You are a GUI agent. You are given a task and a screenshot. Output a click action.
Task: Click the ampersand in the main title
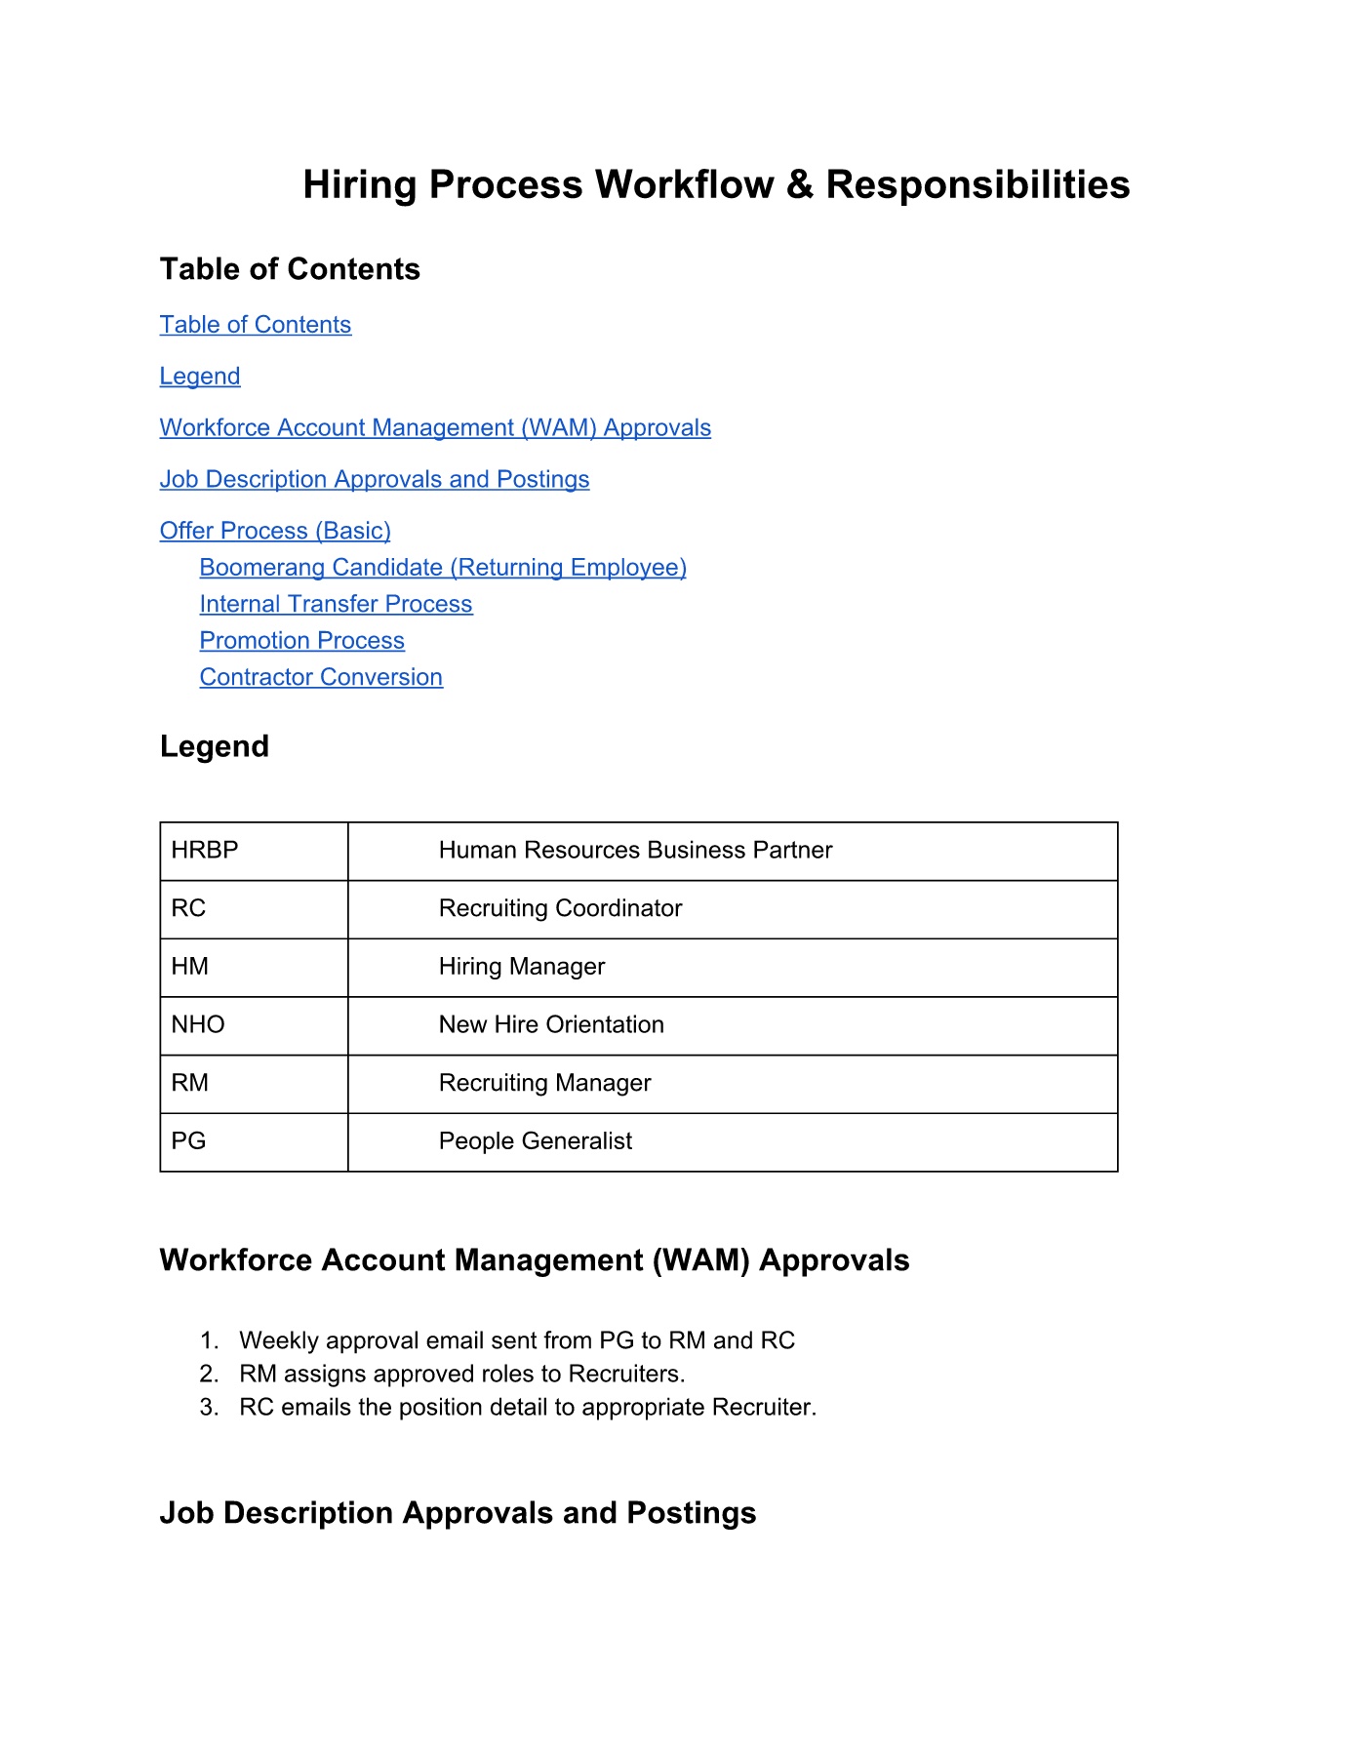(x=799, y=185)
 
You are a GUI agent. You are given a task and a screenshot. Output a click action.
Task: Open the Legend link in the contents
(x=200, y=377)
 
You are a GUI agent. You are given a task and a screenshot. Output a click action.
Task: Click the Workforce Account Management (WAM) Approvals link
(x=435, y=428)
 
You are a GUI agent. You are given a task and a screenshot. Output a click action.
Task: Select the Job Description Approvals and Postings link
(x=375, y=480)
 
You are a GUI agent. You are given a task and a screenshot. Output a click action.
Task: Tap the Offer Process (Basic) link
(x=275, y=531)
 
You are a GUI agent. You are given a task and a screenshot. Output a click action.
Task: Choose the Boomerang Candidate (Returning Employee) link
(x=443, y=568)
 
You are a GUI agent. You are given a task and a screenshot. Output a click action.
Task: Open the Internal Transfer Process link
(x=336, y=605)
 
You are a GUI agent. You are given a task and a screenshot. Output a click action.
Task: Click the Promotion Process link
(x=301, y=641)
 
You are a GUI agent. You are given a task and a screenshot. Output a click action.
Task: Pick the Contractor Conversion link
(x=321, y=677)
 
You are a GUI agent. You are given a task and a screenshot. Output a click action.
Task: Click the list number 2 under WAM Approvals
(x=209, y=1375)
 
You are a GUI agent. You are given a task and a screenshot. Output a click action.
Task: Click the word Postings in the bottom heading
(x=691, y=1513)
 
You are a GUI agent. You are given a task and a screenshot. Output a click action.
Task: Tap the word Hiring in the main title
(x=360, y=185)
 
